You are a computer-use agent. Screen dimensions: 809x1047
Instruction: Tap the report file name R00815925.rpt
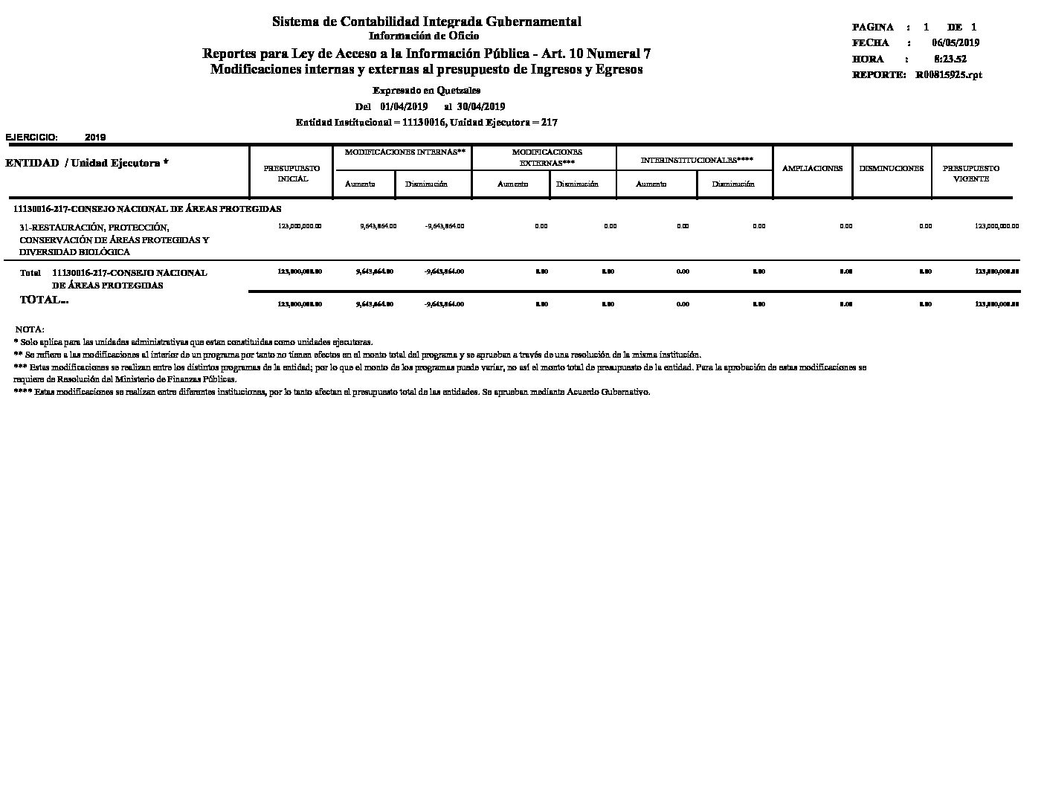click(x=949, y=75)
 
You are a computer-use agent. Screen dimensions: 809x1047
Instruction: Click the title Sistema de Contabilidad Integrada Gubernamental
click(x=427, y=22)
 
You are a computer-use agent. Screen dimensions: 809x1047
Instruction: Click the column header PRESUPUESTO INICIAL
click(x=291, y=174)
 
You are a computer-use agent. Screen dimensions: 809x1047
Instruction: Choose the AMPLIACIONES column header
click(x=813, y=168)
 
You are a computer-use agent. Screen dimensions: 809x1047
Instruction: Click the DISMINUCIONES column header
click(x=892, y=168)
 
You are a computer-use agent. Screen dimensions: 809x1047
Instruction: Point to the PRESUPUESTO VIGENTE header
click(x=971, y=174)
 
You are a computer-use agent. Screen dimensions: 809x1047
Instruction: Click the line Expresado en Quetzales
click(x=426, y=91)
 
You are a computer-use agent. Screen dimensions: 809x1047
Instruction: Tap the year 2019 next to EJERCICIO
click(x=95, y=138)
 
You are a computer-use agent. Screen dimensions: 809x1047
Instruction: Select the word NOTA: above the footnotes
click(x=30, y=329)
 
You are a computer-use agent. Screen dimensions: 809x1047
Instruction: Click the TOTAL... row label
click(x=44, y=300)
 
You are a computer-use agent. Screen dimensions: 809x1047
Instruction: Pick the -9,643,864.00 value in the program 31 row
click(x=444, y=226)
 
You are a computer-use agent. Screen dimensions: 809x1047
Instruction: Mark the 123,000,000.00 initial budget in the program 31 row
click(x=299, y=226)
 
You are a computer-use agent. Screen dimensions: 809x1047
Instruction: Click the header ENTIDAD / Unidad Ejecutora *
click(x=87, y=163)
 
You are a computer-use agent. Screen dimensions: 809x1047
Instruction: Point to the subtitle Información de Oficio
click(x=424, y=36)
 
